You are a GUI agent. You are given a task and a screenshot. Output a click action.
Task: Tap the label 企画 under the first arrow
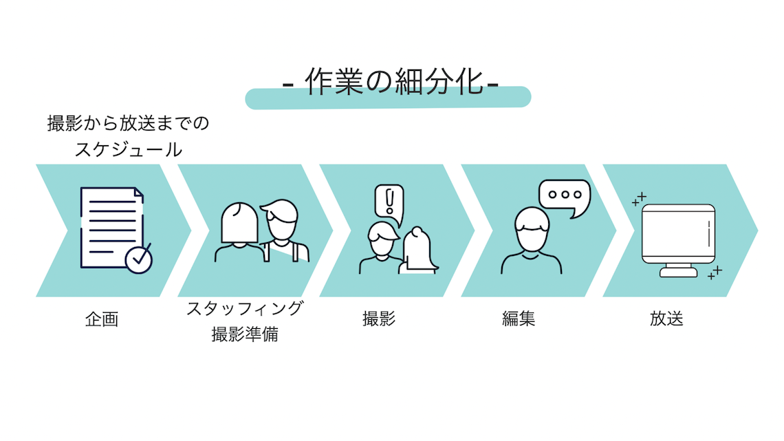[x=102, y=319]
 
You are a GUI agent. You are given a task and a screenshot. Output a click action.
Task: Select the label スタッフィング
[x=245, y=308]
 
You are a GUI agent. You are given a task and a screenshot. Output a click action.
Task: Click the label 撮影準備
[x=245, y=336]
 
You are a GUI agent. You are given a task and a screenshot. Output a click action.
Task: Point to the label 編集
[x=519, y=319]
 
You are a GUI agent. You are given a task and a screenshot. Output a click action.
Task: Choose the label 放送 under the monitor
[x=666, y=319]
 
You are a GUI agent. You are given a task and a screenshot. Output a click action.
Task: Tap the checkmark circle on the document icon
[x=138, y=259]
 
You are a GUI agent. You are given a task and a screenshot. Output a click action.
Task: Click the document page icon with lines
[x=110, y=224]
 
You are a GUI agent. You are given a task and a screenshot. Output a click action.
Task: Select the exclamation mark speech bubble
[x=389, y=202]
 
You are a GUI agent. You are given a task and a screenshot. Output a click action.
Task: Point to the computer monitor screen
[x=677, y=234]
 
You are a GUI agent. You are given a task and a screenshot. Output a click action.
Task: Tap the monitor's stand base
[x=677, y=272]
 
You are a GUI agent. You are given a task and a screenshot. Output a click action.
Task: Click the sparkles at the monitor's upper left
[x=639, y=200]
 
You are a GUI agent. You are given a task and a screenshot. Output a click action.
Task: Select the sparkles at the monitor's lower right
[x=715, y=272]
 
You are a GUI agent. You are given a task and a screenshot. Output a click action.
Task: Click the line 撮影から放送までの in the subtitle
[x=128, y=124]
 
